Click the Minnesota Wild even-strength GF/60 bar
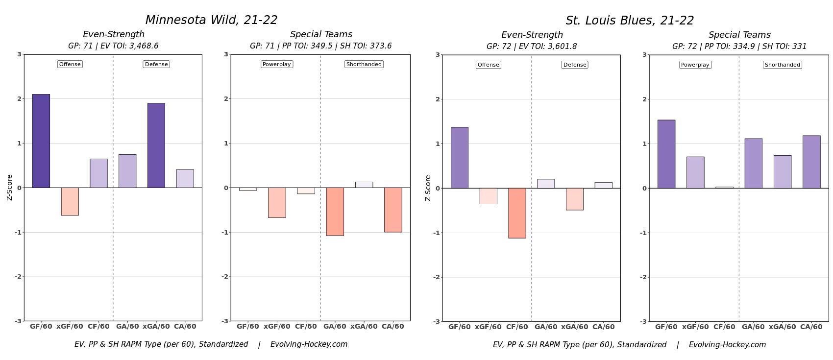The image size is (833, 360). [x=41, y=141]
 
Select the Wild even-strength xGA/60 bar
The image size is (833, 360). [x=156, y=145]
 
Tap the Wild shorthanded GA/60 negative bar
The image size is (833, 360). [x=335, y=212]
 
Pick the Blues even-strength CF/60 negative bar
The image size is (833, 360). [x=517, y=213]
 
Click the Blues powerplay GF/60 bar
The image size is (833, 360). [x=666, y=154]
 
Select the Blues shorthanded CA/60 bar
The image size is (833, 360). [x=811, y=162]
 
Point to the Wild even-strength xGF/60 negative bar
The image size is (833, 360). [x=70, y=201]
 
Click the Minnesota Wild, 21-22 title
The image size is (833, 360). [x=211, y=20]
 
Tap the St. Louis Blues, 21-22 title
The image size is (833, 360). [x=630, y=21]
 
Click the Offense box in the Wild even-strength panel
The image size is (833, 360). [x=70, y=64]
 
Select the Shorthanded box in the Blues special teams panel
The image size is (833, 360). [x=782, y=65]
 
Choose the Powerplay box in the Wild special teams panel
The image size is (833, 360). [x=276, y=64]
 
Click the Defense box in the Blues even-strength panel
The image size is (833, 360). [x=575, y=65]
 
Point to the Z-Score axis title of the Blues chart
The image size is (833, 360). [x=428, y=188]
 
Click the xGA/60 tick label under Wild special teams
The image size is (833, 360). [x=364, y=327]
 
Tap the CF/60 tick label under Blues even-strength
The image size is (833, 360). [x=517, y=327]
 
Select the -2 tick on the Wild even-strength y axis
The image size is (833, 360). [x=18, y=277]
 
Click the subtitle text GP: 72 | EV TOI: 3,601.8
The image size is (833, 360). [x=532, y=47]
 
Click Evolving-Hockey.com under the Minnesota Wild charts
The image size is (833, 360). [x=309, y=344]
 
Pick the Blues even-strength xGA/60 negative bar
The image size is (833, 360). [x=574, y=199]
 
